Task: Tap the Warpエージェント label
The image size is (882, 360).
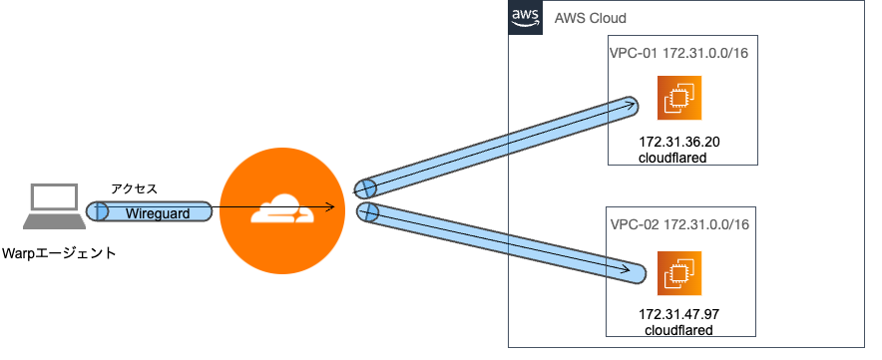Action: pos(60,253)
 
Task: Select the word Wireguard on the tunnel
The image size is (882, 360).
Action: pos(158,212)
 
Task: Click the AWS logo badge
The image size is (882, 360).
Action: pos(525,17)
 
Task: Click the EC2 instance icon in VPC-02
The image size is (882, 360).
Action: pos(679,272)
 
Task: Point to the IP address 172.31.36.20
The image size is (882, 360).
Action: pos(679,143)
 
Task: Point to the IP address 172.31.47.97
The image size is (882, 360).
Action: pos(679,314)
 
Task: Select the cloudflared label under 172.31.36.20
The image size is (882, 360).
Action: pos(673,159)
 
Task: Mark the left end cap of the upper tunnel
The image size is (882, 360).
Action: pos(365,186)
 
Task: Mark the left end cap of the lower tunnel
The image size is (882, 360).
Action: pos(367,211)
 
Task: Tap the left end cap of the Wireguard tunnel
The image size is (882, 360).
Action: pos(97,211)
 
